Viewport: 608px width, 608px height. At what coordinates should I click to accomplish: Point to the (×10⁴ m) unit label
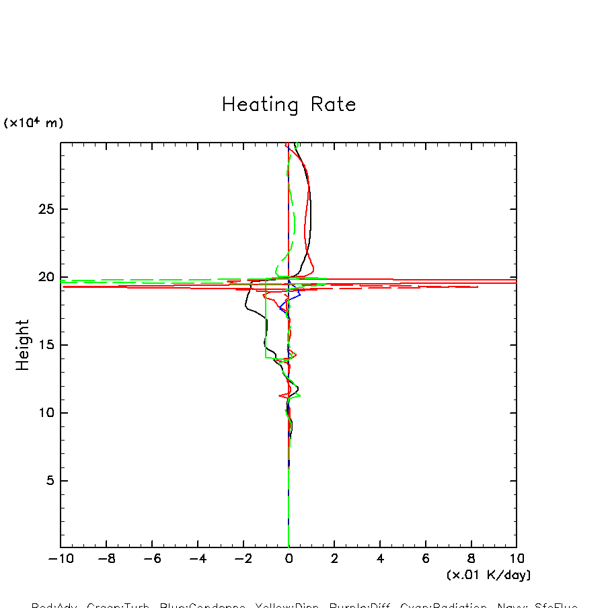pos(34,123)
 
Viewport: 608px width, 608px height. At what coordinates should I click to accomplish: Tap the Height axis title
pos(23,345)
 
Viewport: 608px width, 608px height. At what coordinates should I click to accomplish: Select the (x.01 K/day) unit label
pos(488,575)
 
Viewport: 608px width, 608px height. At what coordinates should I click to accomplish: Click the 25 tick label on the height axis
pos(45,209)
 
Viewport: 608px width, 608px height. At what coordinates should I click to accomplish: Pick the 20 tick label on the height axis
pos(45,277)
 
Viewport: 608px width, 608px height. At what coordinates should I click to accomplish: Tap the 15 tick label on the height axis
pos(45,345)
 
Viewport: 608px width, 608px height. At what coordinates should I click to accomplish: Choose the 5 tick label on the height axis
pos(49,481)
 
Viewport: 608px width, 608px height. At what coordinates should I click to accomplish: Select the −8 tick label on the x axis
pos(104,559)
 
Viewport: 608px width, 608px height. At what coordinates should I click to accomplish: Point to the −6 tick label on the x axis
pos(150,559)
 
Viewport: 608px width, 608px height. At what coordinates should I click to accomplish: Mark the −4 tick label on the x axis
pos(196,559)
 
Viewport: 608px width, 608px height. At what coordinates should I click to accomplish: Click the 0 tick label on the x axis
pos(289,559)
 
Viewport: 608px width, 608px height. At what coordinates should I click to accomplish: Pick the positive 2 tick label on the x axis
pos(334,559)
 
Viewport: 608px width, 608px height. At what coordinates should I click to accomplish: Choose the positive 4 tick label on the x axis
pos(380,559)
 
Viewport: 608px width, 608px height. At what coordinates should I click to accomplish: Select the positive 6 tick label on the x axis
pos(426,559)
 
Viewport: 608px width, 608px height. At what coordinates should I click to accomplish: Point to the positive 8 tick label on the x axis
pos(471,559)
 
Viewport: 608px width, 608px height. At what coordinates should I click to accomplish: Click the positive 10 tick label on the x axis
pos(516,559)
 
